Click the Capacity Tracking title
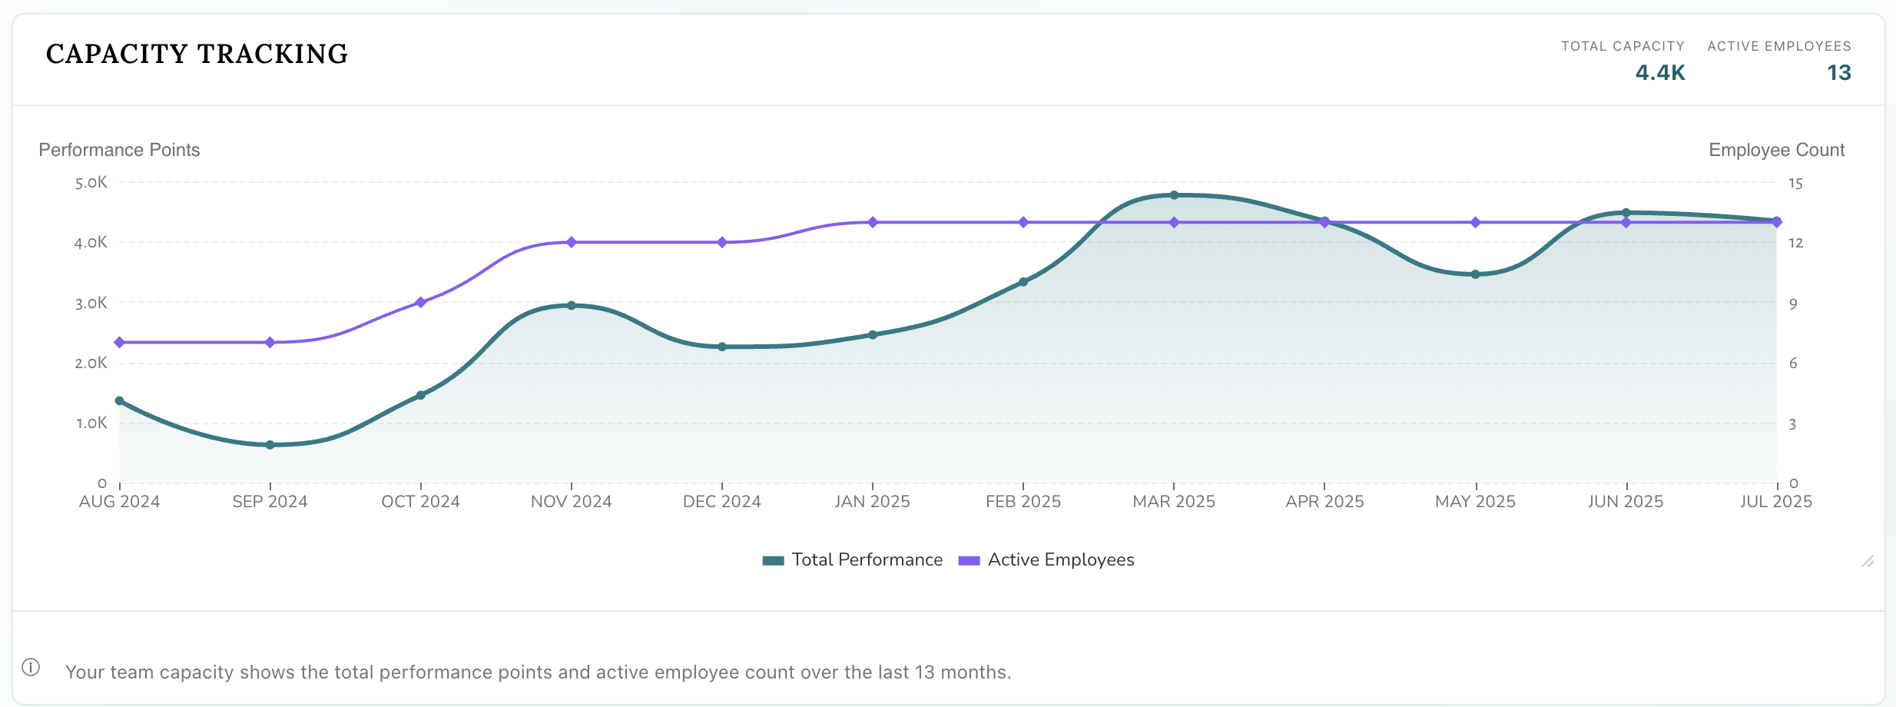197,54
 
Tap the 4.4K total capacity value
1659,72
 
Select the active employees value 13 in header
1838,72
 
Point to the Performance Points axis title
119,150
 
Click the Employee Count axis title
1776,150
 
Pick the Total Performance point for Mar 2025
1174,195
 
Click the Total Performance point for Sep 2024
270,445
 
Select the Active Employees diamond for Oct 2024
420,302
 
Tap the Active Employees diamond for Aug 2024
119,342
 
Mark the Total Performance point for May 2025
1475,274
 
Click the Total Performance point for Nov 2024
571,305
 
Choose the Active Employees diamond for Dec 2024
722,242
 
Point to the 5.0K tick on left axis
91,183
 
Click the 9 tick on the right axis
1793,304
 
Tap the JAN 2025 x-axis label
872,502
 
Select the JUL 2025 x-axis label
1775,502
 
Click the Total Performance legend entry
853,559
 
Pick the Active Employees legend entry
1046,559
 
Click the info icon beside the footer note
31,667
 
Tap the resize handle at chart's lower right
1868,562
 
